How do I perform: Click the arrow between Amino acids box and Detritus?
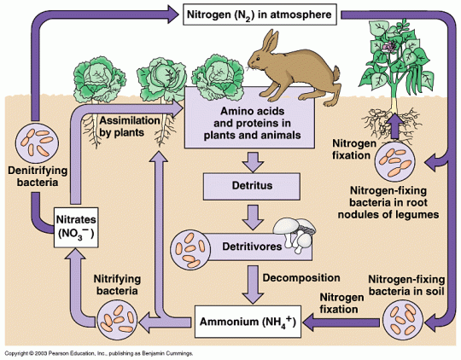tap(250, 160)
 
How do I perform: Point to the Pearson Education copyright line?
tap(98, 352)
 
